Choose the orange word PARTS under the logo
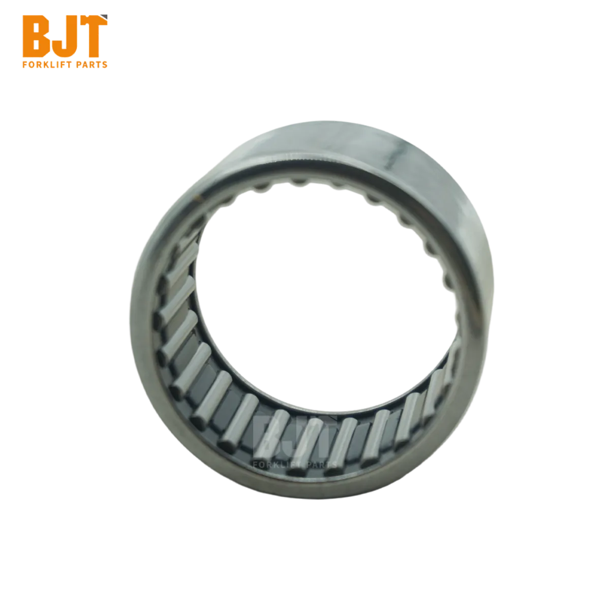click(92, 65)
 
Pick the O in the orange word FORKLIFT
click(32, 65)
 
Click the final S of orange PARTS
click(105, 65)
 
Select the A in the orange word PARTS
click(86, 65)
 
